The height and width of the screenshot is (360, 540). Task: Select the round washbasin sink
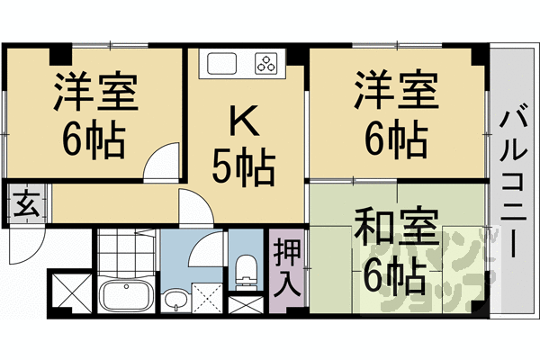pos(174,297)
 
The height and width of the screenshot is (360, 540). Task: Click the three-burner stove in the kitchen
pos(267,63)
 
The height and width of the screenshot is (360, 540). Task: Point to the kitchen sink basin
pos(221,63)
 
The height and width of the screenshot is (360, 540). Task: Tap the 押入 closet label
pos(288,268)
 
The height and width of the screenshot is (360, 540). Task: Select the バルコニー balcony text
pos(515,180)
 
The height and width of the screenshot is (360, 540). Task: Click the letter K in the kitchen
pos(242,120)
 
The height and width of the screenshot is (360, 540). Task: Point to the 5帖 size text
pos(242,166)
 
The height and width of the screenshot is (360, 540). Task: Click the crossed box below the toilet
pos(242,303)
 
